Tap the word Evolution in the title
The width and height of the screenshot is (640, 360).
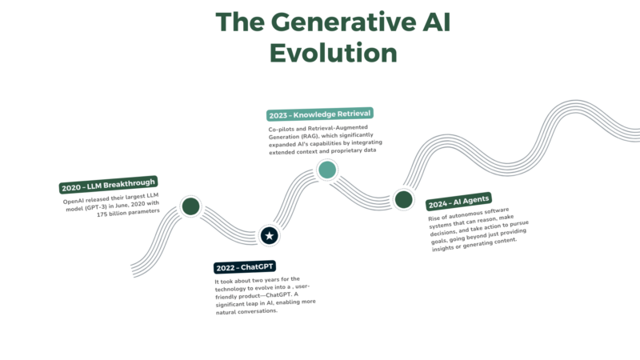click(x=334, y=53)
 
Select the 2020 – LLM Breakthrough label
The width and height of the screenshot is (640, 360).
click(x=109, y=185)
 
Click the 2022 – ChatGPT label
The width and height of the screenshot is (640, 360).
click(x=245, y=267)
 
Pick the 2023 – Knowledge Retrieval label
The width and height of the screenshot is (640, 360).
click(x=320, y=114)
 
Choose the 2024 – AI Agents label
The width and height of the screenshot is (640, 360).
click(x=458, y=202)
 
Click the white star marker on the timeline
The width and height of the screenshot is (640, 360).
click(x=269, y=235)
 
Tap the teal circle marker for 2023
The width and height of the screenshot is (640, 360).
click(x=327, y=170)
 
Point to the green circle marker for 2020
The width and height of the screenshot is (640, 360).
click(x=190, y=206)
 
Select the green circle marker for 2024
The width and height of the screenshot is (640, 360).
click(x=404, y=199)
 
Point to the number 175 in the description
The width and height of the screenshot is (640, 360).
click(x=102, y=214)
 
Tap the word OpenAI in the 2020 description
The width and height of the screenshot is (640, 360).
click(x=74, y=202)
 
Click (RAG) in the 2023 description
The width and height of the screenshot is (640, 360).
click(x=310, y=136)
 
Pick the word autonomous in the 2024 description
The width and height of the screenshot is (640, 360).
click(x=466, y=214)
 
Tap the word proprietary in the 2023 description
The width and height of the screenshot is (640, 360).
click(x=346, y=150)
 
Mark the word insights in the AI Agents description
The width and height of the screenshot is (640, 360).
click(x=442, y=248)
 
